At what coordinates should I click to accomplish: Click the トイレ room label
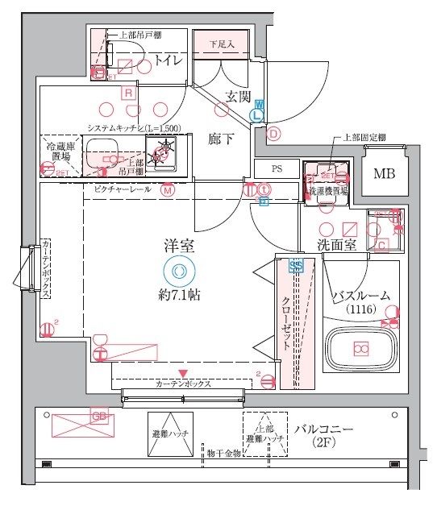[164, 62]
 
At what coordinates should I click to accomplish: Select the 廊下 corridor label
[221, 139]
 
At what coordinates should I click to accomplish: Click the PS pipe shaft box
[276, 169]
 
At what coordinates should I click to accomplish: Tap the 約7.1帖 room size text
[179, 295]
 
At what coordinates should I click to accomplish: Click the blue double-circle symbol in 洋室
[178, 271]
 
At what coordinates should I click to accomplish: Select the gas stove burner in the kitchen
[164, 149]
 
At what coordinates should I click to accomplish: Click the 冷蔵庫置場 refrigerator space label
[62, 152]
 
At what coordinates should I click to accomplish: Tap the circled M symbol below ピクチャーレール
[167, 191]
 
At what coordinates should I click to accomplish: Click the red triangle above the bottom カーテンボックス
[185, 373]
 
